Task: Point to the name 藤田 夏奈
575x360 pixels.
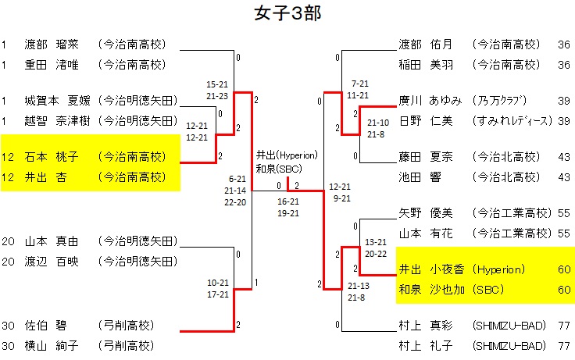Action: pos(426,156)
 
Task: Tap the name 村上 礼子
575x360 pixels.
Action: pos(426,345)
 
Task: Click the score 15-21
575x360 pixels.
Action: pos(218,84)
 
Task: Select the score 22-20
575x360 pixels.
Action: pos(234,202)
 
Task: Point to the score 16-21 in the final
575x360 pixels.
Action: pos(288,201)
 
